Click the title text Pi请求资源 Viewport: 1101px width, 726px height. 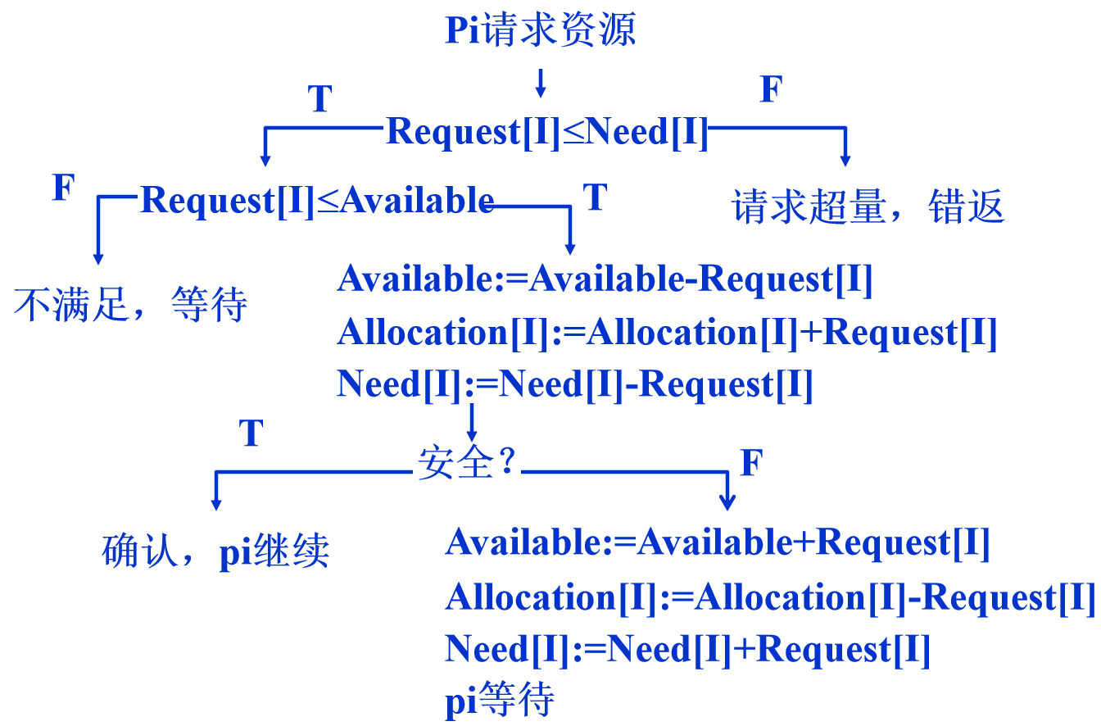pos(541,31)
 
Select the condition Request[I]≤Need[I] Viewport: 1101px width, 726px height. pos(547,131)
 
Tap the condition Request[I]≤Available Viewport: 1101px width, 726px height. pos(317,200)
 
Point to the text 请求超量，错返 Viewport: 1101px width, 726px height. pos(868,207)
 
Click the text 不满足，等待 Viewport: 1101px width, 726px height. pos(130,306)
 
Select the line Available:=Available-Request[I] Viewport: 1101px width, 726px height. pos(605,279)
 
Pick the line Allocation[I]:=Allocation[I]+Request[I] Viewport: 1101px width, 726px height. pos(667,332)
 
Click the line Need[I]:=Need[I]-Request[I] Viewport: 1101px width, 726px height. pos(574,384)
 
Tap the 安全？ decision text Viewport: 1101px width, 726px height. pos(467,465)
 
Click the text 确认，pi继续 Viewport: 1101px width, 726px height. pos(216,551)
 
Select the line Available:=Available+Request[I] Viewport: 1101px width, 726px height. pos(718,542)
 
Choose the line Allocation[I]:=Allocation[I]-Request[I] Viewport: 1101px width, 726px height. pos(770,597)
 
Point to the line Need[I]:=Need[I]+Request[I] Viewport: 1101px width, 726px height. pos(688,650)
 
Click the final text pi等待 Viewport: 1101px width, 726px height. pos(500,701)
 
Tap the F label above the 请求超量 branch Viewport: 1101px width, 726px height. pos(770,89)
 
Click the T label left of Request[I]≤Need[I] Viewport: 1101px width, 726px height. pos(319,99)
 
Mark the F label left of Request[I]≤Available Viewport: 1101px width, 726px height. pos(64,188)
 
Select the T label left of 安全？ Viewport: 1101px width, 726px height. pos(251,433)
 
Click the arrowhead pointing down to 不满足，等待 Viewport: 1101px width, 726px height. pos(98,257)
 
